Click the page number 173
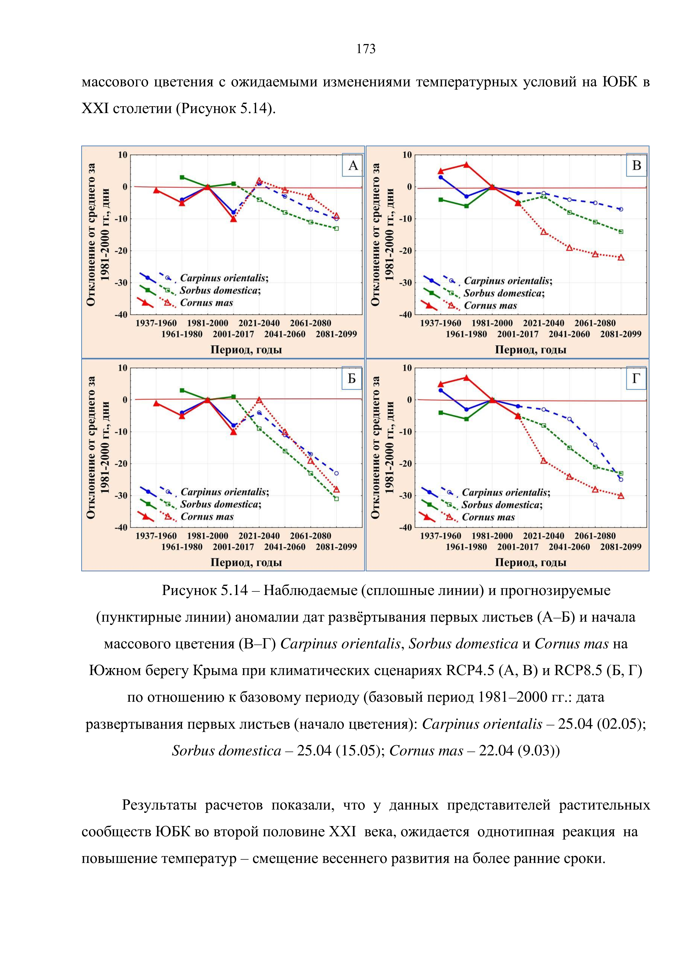click(366, 49)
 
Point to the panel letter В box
click(636, 165)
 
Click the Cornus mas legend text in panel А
click(206, 303)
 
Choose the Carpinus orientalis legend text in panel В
click(508, 281)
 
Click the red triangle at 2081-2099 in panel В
click(621, 257)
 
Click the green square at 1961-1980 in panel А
click(182, 177)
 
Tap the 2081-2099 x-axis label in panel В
click(621, 334)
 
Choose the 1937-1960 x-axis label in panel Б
click(156, 536)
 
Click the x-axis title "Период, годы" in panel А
click(246, 350)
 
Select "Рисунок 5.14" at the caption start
click(205, 591)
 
